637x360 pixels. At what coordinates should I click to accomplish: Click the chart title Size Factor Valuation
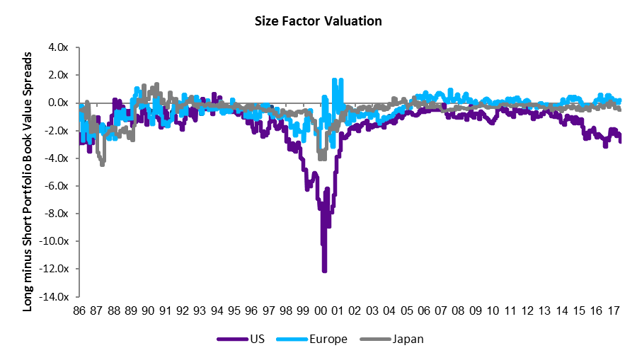(x=318, y=21)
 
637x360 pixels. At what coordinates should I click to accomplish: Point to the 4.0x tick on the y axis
(x=59, y=47)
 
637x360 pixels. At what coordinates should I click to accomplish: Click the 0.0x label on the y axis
(x=59, y=103)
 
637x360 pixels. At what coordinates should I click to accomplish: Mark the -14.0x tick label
(x=57, y=296)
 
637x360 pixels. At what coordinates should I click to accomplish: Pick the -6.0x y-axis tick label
(x=57, y=186)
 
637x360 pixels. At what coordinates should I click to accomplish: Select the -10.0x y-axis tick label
(x=57, y=241)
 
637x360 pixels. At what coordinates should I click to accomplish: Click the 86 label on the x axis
(x=79, y=309)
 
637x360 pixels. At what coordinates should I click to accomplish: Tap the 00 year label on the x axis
(x=320, y=309)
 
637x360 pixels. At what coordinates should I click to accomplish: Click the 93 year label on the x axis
(x=200, y=309)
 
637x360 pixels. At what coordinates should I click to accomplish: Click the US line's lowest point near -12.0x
(x=324, y=270)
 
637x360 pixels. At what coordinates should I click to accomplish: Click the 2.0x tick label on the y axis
(x=59, y=75)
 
